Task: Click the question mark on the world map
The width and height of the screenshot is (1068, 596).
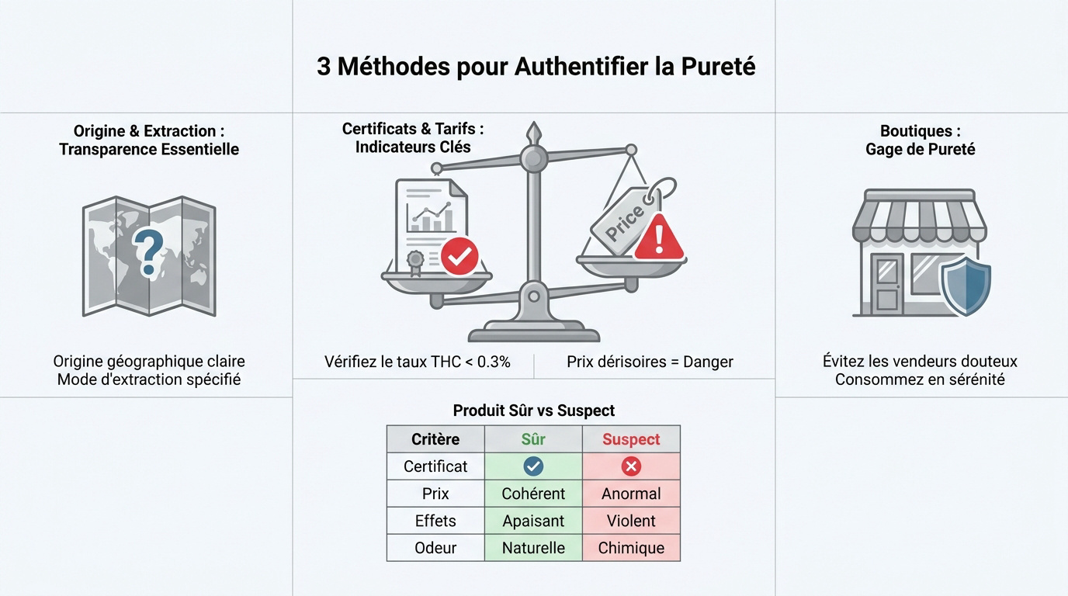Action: (147, 251)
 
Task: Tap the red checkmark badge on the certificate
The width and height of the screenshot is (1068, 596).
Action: (459, 256)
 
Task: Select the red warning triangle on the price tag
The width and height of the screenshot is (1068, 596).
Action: (659, 237)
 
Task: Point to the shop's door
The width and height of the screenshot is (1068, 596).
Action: (886, 283)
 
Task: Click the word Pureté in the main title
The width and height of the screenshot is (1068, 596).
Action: (718, 67)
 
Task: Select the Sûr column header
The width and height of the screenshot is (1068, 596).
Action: (533, 439)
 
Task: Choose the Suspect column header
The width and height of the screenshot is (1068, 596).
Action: (631, 439)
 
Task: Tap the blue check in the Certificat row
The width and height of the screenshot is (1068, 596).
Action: (533, 466)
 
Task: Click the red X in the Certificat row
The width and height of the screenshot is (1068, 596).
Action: (631, 466)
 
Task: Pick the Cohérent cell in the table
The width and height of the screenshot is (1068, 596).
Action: (533, 494)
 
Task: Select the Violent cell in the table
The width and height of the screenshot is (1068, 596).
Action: (631, 521)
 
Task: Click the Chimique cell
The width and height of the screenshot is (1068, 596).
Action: (631, 548)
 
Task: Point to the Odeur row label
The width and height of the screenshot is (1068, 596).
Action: (435, 548)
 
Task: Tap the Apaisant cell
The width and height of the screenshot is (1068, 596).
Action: (533, 521)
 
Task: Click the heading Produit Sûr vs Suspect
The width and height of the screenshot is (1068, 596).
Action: (533, 411)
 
